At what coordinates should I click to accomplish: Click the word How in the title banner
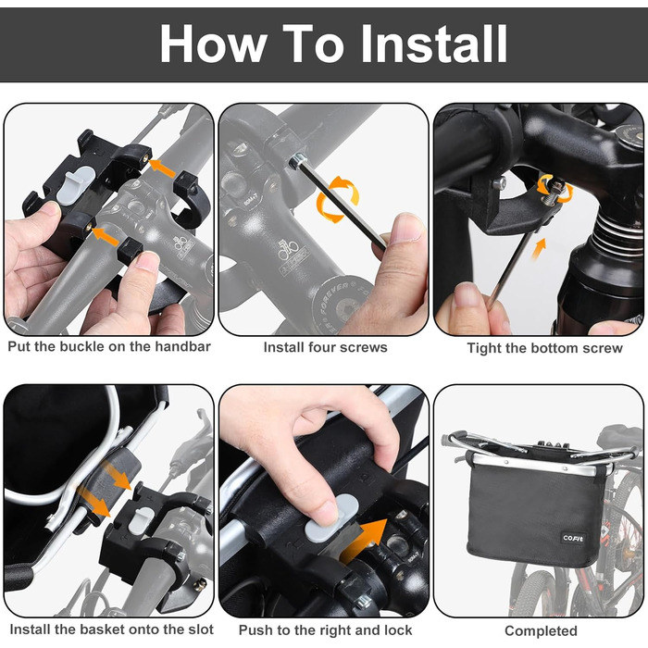pyautogui.click(x=212, y=43)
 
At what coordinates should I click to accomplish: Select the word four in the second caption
pyautogui.click(x=326, y=347)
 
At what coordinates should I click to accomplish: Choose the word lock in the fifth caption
pyautogui.click(x=398, y=630)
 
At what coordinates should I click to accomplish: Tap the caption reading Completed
pyautogui.click(x=541, y=631)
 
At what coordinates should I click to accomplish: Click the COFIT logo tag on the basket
pyautogui.click(x=573, y=538)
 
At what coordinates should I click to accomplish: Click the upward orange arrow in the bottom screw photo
pyautogui.click(x=539, y=248)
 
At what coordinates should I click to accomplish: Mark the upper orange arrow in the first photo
pyautogui.click(x=162, y=168)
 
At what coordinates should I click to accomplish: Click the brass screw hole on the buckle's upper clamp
pyautogui.click(x=145, y=157)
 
